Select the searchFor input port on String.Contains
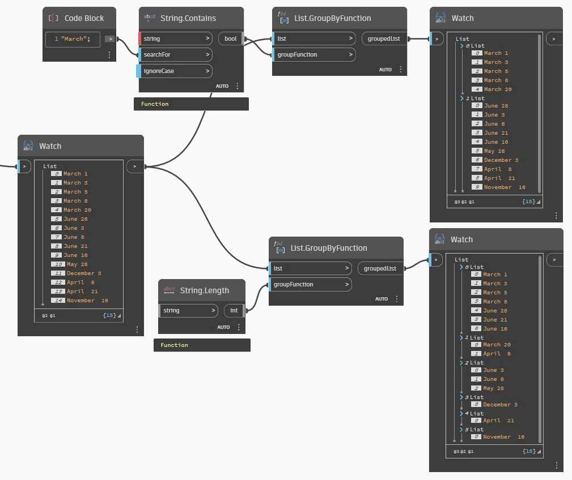coord(176,55)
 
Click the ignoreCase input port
coord(175,71)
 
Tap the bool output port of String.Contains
coord(231,38)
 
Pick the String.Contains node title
coord(188,18)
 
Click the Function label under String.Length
coord(175,345)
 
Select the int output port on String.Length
coord(234,310)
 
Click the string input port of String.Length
coord(188,310)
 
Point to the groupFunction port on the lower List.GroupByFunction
coord(311,284)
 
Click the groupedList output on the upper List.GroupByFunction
coord(384,38)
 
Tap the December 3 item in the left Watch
coord(84,273)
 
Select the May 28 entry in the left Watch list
coord(77,264)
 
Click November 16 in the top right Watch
coord(505,187)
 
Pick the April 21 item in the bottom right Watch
coord(498,420)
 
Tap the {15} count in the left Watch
coord(109,315)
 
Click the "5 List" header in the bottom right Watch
coord(474,430)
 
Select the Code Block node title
coord(84,18)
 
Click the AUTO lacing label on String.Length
coord(223,327)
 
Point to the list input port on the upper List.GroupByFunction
coord(314,38)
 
